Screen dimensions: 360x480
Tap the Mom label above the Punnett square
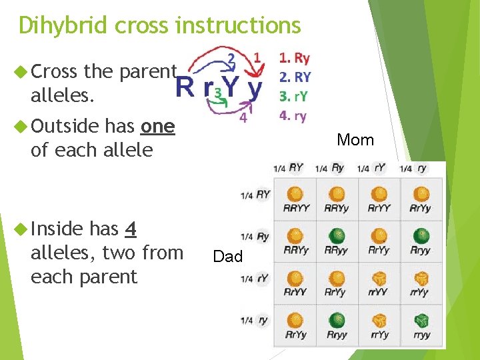355,140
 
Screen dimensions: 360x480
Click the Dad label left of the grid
228,257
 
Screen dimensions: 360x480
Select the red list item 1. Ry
294,59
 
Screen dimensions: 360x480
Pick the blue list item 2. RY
295,77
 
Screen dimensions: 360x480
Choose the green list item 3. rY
293,96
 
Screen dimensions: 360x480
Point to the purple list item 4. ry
293,115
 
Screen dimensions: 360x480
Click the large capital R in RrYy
185,87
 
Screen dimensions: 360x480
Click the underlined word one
158,126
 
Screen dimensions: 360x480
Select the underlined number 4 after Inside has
131,229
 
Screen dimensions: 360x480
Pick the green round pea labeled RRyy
337,236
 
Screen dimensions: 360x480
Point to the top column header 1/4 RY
288,169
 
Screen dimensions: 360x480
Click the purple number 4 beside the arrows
243,118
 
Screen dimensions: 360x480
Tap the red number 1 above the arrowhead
257,59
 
